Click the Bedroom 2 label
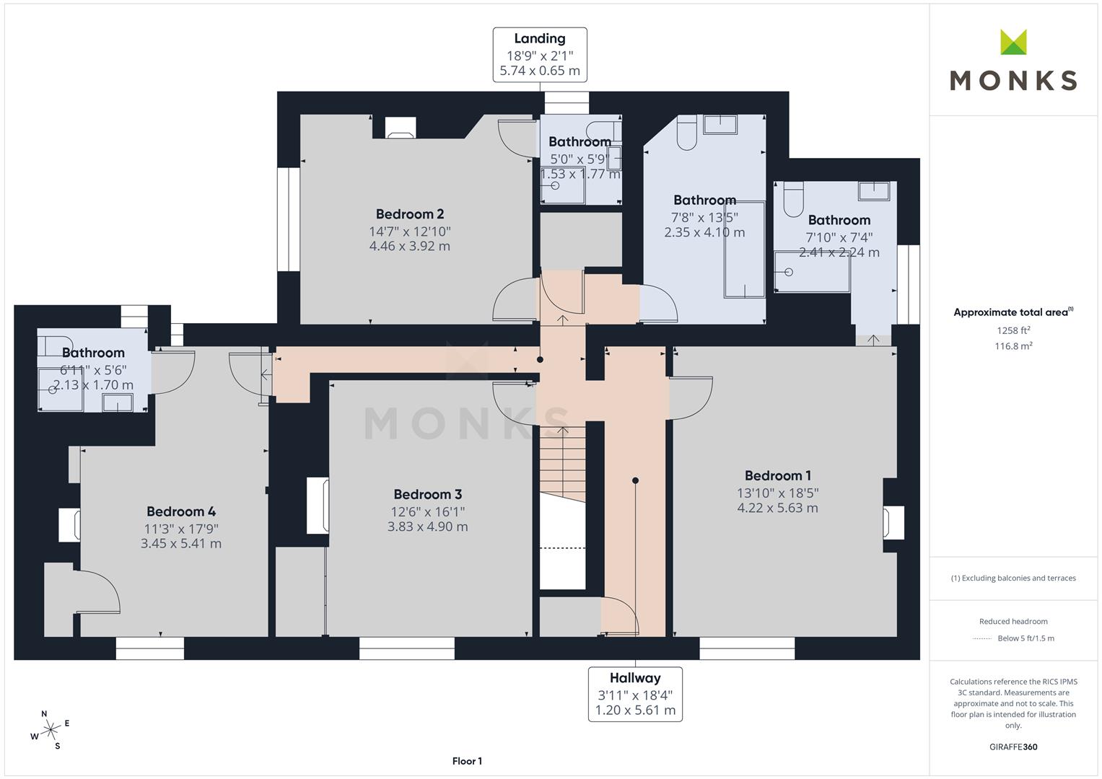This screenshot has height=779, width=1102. pyautogui.click(x=410, y=214)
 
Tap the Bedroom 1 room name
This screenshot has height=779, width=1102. pyautogui.click(x=778, y=475)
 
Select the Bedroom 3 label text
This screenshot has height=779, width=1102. pyautogui.click(x=427, y=494)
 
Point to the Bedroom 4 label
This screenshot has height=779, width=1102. pyautogui.click(x=181, y=511)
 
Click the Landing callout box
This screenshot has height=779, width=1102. pyautogui.click(x=540, y=55)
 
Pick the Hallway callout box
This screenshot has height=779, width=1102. pyautogui.click(x=635, y=694)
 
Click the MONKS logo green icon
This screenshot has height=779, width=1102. pyautogui.click(x=1013, y=42)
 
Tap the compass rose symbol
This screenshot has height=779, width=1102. pyautogui.click(x=50, y=730)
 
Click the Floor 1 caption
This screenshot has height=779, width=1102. pyautogui.click(x=467, y=761)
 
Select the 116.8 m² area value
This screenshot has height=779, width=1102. pyautogui.click(x=1013, y=346)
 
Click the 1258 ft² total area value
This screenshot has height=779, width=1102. pyautogui.click(x=1013, y=330)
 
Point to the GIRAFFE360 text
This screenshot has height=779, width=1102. pyautogui.click(x=1013, y=747)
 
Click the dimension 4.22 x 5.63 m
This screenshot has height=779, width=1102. pyautogui.click(x=777, y=508)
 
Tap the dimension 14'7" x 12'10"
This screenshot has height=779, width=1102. pyautogui.click(x=410, y=231)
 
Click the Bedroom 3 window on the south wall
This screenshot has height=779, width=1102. pyautogui.click(x=407, y=648)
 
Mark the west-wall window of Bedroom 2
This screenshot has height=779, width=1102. pyautogui.click(x=289, y=219)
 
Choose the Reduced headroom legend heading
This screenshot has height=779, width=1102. pyautogui.click(x=1013, y=621)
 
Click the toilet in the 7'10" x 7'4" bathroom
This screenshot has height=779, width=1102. pyautogui.click(x=794, y=199)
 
